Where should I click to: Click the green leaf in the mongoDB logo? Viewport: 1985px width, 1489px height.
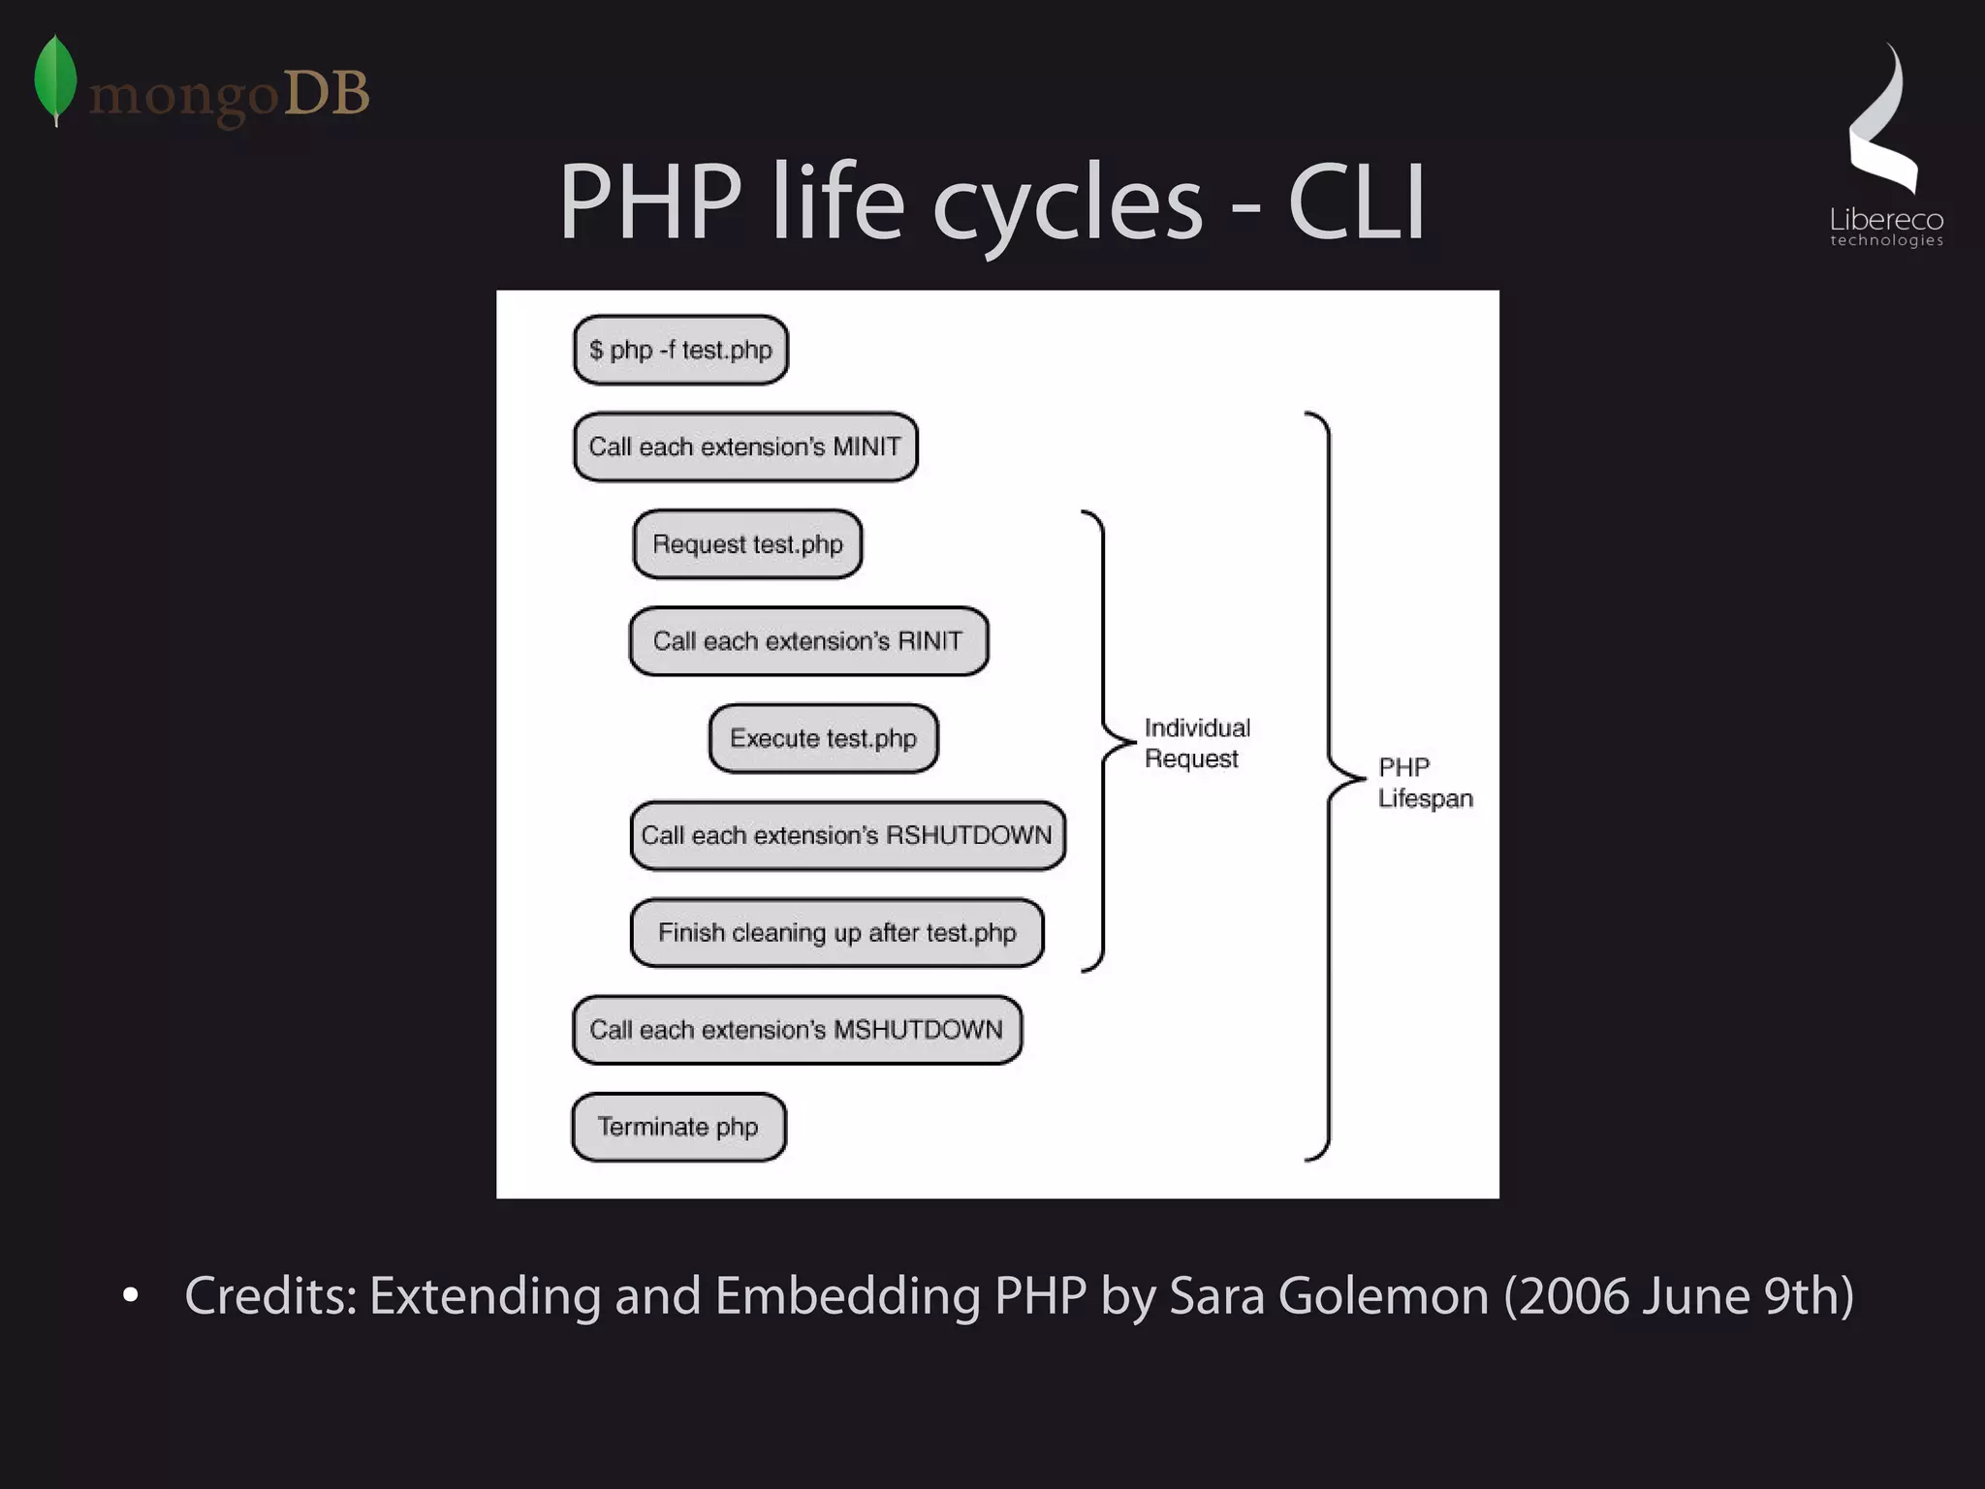(55, 79)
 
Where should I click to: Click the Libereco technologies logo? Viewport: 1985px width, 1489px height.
(1885, 145)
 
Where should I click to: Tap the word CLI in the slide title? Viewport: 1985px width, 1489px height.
(1356, 202)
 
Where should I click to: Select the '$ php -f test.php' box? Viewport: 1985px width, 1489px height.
(680, 350)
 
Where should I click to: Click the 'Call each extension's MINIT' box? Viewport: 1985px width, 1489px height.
(745, 447)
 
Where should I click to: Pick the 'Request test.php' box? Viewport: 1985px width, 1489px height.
(747, 544)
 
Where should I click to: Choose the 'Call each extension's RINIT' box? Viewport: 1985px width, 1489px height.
(808, 641)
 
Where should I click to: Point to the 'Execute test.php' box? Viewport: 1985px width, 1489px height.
(823, 738)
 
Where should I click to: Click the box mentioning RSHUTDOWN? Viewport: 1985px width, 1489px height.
(847, 835)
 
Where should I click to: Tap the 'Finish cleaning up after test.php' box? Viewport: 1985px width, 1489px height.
(836, 933)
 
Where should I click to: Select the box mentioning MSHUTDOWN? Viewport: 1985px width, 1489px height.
(797, 1030)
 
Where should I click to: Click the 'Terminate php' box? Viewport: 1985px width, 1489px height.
(678, 1127)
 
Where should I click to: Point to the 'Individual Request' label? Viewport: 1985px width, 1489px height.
(1196, 743)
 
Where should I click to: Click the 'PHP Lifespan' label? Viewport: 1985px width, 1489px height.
(1425, 783)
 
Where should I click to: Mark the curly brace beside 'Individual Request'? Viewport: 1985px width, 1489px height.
(1104, 741)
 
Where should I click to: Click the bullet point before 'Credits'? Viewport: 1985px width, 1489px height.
(131, 1295)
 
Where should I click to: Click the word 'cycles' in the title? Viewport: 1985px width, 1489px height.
(1067, 202)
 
